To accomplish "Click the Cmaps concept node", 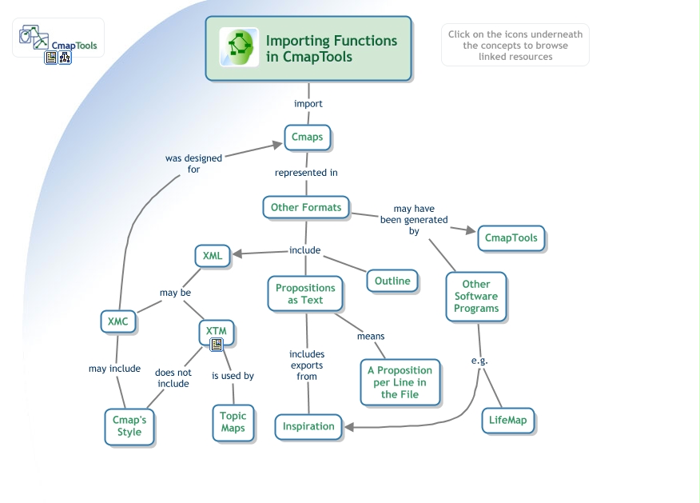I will coord(307,137).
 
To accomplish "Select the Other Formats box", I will coord(306,207).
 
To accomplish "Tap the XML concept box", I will coord(213,256).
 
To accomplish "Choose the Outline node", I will coord(392,281).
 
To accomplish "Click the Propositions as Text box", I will coord(305,293).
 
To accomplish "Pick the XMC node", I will coord(117,321).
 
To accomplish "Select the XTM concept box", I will coord(217,331).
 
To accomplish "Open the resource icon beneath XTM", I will coord(217,345).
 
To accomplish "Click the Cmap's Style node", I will coord(129,426).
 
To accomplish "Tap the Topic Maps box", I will coord(233,422).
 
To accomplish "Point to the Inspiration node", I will coord(308,426).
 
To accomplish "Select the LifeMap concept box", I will coord(508,420).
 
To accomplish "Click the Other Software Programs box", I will coord(476,296).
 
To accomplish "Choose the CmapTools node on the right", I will coord(511,238).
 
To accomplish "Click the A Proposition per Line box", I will coord(400,382).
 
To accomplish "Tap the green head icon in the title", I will coord(240,47).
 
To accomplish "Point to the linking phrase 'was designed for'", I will coord(193,164).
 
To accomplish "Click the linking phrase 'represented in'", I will coord(306,173).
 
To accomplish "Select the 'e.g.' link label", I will coord(479,361).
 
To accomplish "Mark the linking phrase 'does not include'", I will coord(173,378).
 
